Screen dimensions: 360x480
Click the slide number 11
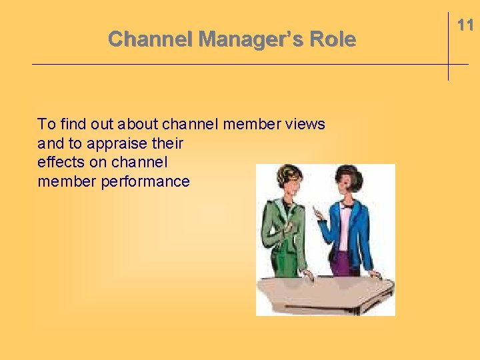tap(465, 25)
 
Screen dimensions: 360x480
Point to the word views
tap(304, 124)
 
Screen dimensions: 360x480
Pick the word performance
tap(145, 181)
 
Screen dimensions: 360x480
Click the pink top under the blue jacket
tap(344, 227)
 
